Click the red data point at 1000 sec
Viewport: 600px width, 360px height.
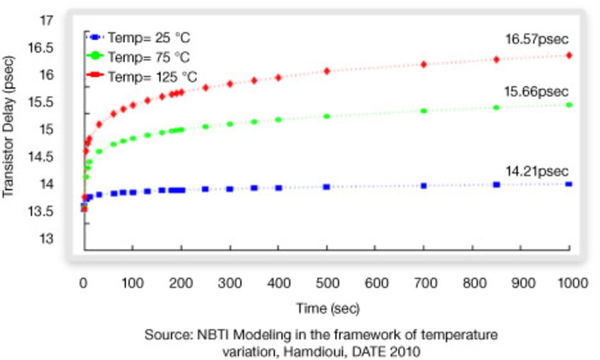pos(569,55)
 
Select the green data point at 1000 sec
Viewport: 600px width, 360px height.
pos(569,104)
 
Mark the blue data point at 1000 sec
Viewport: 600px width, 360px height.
pos(569,184)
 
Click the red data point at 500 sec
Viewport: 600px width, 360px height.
pos(327,71)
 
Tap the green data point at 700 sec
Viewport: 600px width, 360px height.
pos(424,111)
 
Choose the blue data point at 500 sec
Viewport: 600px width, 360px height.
pos(327,186)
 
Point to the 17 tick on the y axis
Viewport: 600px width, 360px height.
pos(46,20)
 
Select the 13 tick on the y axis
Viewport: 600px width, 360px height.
pos(46,239)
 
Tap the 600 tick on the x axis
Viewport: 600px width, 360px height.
pos(376,282)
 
